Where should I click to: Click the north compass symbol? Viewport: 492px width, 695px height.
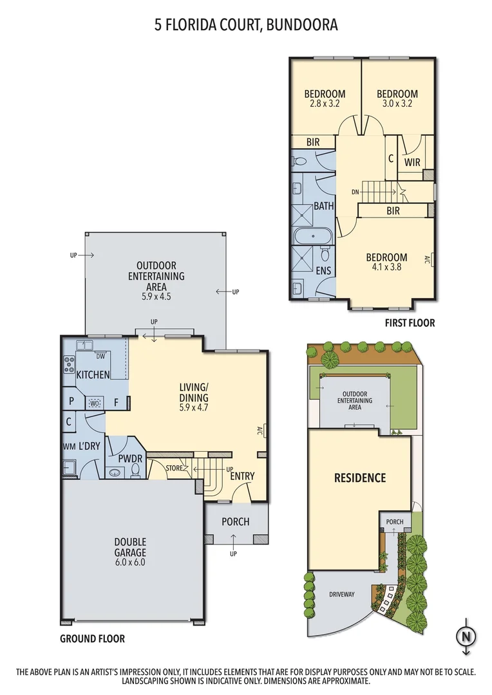pyautogui.click(x=464, y=636)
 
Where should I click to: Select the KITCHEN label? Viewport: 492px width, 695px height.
pyautogui.click(x=93, y=375)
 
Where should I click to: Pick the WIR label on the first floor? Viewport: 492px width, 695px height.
pyautogui.click(x=412, y=162)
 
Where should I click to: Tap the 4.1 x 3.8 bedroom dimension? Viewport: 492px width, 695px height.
pyautogui.click(x=386, y=267)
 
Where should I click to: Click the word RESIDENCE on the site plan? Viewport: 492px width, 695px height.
pyautogui.click(x=359, y=477)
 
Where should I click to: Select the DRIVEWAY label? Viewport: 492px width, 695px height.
pyautogui.click(x=341, y=595)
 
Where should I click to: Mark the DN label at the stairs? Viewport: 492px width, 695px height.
pyautogui.click(x=355, y=191)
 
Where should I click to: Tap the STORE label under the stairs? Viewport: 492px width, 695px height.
pyautogui.click(x=174, y=467)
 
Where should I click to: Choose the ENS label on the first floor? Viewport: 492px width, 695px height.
pyautogui.click(x=323, y=271)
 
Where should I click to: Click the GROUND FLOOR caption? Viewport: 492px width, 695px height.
pyautogui.click(x=92, y=639)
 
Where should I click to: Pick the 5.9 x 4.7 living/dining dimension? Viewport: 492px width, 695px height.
pyautogui.click(x=194, y=407)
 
